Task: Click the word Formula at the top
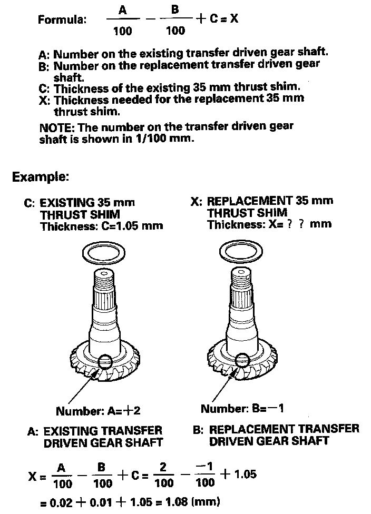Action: click(x=61, y=20)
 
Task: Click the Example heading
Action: click(x=41, y=176)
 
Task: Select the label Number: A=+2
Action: click(x=97, y=411)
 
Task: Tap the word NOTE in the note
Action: click(x=54, y=127)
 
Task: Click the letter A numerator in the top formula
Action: click(x=122, y=10)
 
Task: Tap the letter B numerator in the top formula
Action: click(x=175, y=10)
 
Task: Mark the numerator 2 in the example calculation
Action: click(x=164, y=468)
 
